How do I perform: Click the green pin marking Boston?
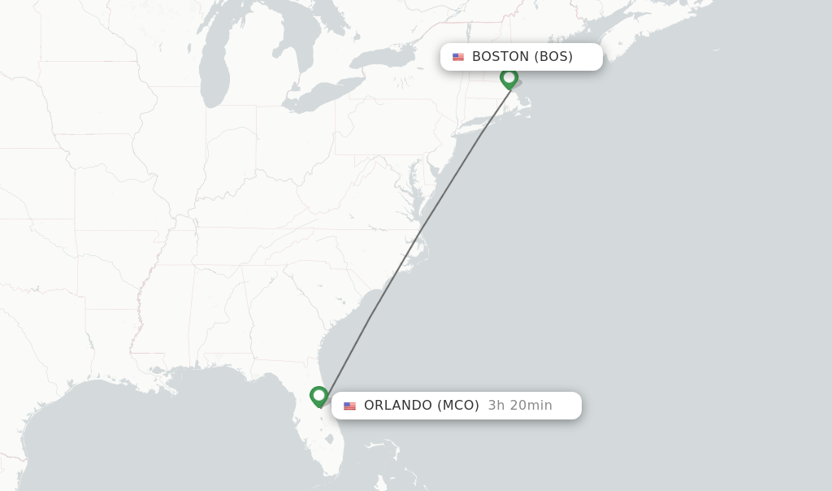509,78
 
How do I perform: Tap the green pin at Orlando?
319,396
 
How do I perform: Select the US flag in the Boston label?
458,57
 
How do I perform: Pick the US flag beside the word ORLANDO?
349,406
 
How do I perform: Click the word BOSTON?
500,57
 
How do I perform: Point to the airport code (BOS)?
553,57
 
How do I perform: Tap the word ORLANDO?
397,406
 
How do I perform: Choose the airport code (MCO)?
458,406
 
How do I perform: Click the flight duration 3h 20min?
520,406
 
